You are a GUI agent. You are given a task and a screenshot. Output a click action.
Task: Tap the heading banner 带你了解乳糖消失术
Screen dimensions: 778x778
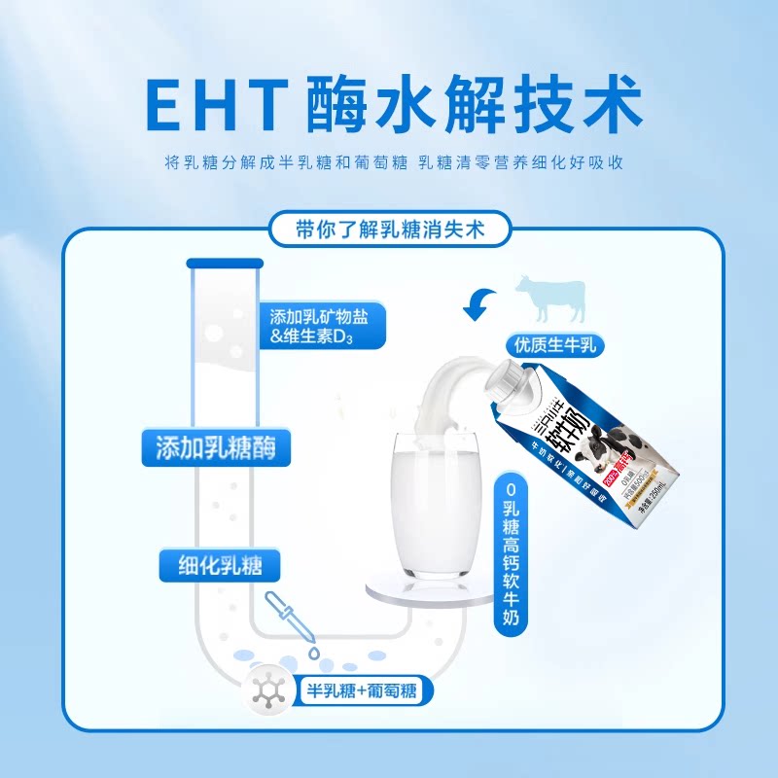point(389,230)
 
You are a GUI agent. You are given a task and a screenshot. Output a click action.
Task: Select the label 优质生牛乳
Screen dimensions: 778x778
point(555,344)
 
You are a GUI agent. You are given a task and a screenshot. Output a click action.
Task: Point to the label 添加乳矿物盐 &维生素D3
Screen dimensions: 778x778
point(326,326)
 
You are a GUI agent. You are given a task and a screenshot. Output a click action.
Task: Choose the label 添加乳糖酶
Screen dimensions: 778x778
point(216,447)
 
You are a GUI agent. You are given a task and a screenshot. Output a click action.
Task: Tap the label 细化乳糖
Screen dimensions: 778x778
point(216,564)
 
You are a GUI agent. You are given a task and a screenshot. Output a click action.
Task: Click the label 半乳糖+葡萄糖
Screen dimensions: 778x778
point(361,691)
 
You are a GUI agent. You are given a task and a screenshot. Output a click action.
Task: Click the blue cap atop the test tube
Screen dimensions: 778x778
point(225,264)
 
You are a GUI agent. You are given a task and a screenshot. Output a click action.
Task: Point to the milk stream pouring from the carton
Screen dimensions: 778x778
point(447,389)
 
